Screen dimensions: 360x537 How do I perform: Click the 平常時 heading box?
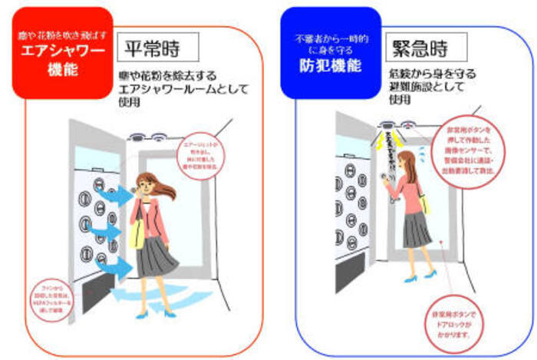[x=159, y=48]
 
